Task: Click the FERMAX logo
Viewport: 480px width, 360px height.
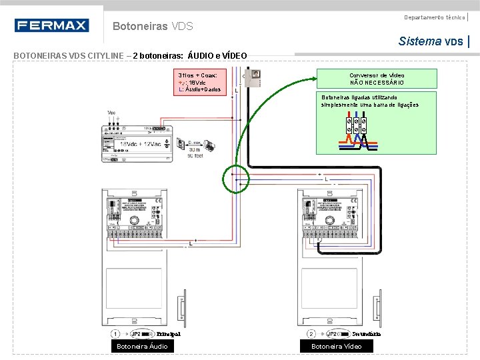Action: tap(51, 26)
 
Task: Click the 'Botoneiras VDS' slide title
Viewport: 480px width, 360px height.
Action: tap(153, 27)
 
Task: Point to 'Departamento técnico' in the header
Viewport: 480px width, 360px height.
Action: tap(435, 17)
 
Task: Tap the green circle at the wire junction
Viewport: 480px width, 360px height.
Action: tap(235, 179)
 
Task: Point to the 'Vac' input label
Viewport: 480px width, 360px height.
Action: tap(111, 113)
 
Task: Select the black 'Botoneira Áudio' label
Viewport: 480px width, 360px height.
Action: tap(142, 346)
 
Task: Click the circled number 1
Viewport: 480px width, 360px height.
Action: tap(115, 333)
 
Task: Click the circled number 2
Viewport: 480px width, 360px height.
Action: tap(311, 333)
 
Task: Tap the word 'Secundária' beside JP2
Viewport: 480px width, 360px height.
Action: tap(366, 333)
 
